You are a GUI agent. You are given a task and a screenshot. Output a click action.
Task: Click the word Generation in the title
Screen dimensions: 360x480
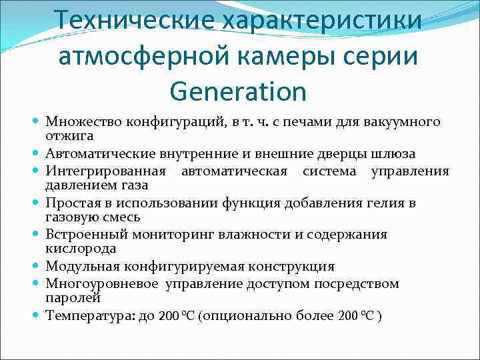[237, 91]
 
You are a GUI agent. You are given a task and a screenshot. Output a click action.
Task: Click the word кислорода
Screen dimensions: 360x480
[71, 248]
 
